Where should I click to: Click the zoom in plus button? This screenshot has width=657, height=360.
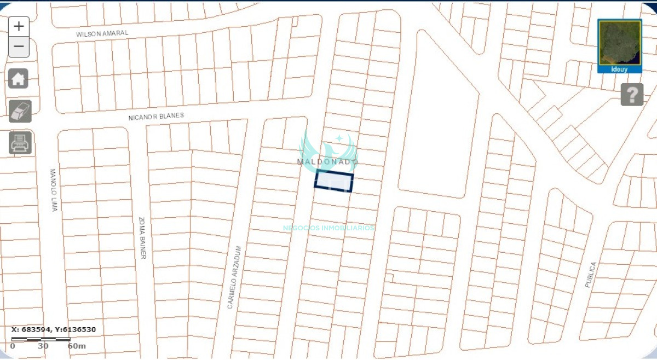[x=19, y=26]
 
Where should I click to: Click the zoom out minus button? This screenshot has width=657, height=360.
[x=19, y=47]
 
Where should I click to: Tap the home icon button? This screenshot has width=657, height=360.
[x=19, y=79]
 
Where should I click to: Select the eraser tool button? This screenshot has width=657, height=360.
[x=20, y=112]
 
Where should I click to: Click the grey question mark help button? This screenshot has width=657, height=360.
[x=632, y=95]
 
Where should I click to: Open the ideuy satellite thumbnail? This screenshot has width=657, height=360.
[x=619, y=43]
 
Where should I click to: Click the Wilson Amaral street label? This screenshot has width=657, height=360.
[x=102, y=33]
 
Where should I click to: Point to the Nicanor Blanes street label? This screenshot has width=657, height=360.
[x=156, y=117]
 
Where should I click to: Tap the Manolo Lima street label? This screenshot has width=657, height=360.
[x=54, y=189]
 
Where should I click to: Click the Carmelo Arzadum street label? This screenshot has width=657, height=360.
[x=234, y=277]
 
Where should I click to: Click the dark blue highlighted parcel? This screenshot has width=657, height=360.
[x=333, y=181]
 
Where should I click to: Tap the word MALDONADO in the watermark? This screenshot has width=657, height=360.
[x=327, y=162]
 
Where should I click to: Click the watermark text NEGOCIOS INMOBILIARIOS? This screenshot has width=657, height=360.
[x=328, y=228]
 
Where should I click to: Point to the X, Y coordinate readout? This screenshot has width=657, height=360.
[x=54, y=329]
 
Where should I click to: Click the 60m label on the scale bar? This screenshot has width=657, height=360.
[x=77, y=346]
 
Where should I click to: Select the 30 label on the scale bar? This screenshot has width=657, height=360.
[x=43, y=346]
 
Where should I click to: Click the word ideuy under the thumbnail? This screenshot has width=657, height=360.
[x=619, y=69]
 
